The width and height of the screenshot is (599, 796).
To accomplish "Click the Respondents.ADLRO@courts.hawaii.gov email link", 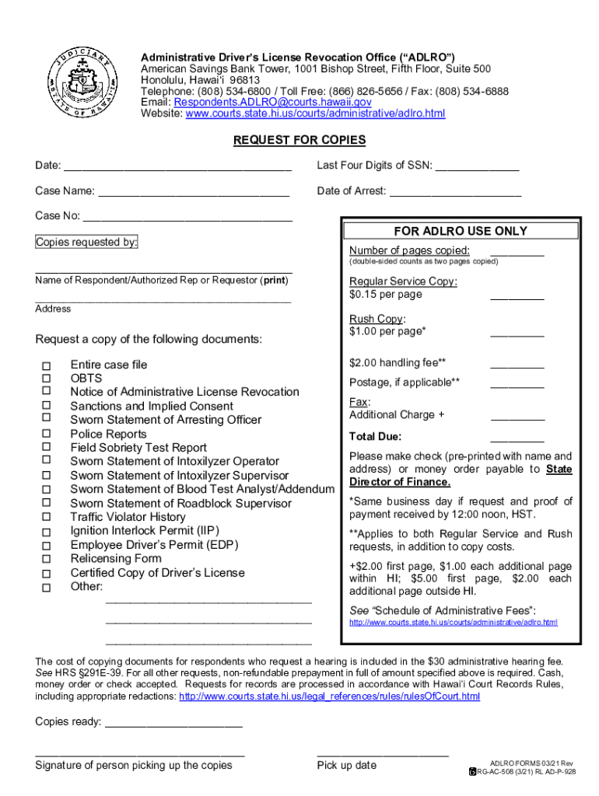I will [272, 102].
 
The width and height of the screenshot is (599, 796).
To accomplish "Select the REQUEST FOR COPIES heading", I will [299, 140].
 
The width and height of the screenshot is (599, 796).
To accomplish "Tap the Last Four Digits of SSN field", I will [477, 166].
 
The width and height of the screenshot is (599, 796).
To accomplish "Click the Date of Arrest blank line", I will [454, 192].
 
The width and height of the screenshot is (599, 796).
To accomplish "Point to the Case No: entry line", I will [187, 218].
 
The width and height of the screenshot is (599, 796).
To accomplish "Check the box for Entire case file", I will [46, 365].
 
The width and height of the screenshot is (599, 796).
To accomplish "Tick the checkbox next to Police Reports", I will [46, 435].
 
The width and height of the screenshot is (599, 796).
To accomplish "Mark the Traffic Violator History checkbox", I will [46, 518].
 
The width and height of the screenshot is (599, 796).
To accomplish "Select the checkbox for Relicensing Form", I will [46, 559].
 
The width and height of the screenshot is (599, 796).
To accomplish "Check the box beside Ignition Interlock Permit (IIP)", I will [46, 532].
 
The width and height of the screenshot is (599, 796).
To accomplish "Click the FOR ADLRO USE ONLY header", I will [461, 231].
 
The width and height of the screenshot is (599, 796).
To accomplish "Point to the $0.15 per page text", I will [386, 295].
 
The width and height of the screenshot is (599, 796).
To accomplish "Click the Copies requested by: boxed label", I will [86, 243].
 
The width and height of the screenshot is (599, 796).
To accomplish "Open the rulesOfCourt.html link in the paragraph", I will [329, 696].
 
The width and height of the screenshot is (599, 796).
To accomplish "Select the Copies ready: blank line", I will [173, 724].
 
